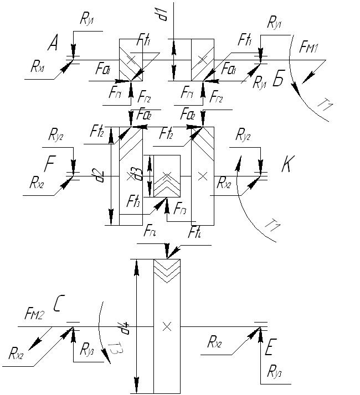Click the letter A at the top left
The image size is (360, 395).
click(x=53, y=43)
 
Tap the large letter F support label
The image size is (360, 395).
click(x=50, y=165)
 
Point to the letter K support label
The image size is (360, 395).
click(x=287, y=165)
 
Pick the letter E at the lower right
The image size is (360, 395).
click(x=270, y=349)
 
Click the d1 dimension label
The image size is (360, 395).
click(x=163, y=14)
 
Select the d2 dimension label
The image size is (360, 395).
click(x=100, y=176)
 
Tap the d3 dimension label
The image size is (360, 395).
click(x=132, y=176)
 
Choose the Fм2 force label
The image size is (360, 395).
click(x=34, y=314)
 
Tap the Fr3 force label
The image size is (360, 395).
click(x=180, y=209)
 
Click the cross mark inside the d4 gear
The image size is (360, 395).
click(x=166, y=326)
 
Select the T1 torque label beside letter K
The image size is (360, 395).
click(x=272, y=226)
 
